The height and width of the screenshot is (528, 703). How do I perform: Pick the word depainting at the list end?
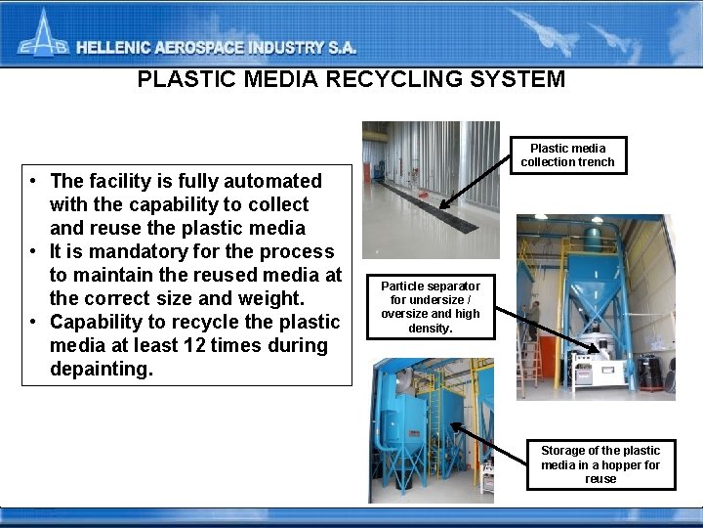(x=102, y=369)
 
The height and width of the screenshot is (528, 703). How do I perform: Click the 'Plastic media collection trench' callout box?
(x=568, y=154)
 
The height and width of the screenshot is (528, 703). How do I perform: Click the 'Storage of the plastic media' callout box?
(x=600, y=463)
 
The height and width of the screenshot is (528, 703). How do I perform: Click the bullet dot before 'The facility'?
(x=34, y=182)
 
